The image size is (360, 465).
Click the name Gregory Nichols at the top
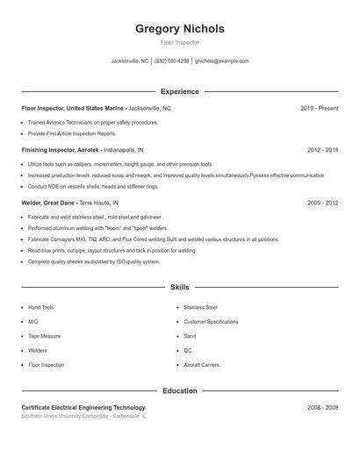[179, 29]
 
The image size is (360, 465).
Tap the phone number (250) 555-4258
[171, 61]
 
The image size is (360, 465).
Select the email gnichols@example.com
[221, 61]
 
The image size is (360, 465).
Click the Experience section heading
[179, 91]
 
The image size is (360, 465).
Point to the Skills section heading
[179, 287]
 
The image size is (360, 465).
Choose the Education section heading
[179, 390]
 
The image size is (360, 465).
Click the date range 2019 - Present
[319, 108]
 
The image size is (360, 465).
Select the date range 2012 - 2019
[322, 150]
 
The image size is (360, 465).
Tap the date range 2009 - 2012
[322, 203]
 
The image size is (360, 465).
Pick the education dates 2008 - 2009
[322, 408]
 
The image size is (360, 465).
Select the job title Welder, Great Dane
[49, 203]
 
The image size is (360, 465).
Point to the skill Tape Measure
[45, 336]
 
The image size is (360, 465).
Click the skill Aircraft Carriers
[201, 364]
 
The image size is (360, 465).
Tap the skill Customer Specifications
[211, 322]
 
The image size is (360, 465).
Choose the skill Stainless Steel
[200, 308]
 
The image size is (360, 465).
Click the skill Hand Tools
[41, 308]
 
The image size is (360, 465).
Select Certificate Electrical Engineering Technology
[83, 408]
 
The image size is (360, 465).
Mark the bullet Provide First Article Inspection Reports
[72, 133]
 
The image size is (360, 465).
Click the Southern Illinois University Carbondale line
[83, 417]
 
